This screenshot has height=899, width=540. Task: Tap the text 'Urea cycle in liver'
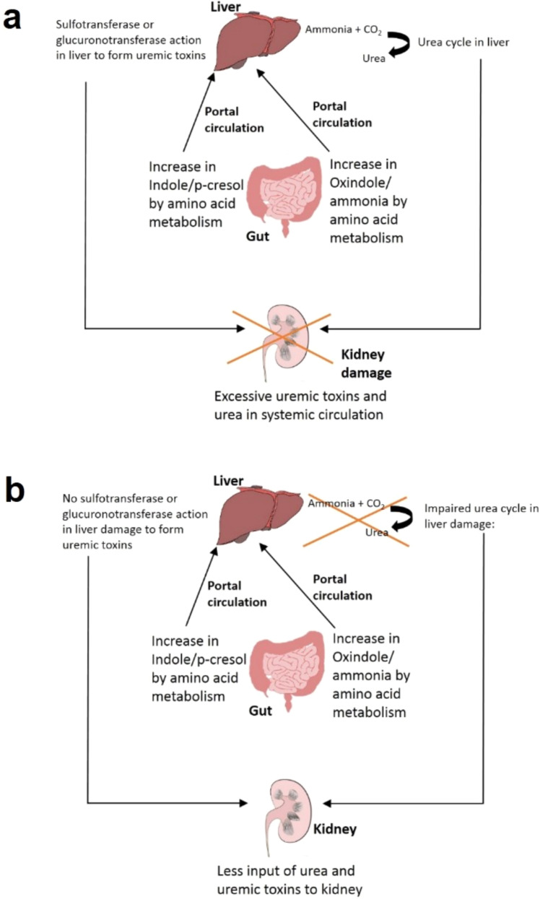pyautogui.click(x=463, y=43)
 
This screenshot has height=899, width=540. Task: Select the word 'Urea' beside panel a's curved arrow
pyautogui.click(x=373, y=59)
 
